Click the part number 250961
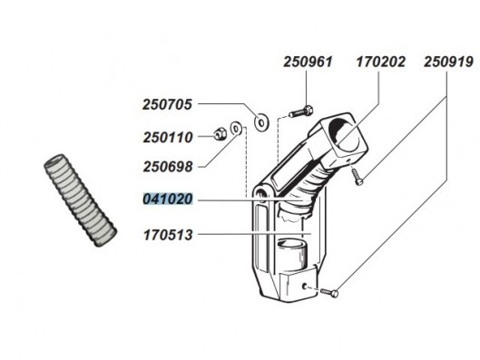click(x=308, y=63)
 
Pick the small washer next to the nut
click(x=237, y=131)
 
